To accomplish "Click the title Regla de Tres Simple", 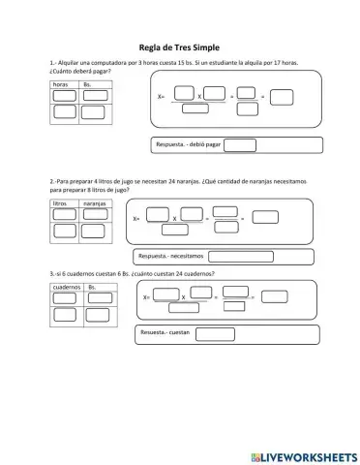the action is (179, 47).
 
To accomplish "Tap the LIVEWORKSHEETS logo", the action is (304, 457).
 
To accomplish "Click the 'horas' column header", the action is (60, 84).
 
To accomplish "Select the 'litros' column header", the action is (60, 203).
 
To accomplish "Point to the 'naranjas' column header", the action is (95, 203).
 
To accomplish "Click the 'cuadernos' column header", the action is (67, 287).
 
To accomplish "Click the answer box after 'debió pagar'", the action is (240, 145).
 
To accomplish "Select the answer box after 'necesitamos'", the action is (241, 257).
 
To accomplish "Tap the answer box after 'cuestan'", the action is (215, 334).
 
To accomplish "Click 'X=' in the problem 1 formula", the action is (161, 96).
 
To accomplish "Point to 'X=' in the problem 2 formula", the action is (136, 219).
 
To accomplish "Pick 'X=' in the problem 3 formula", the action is (146, 297).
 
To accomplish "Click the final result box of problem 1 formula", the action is (282, 98).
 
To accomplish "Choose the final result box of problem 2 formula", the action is (265, 217).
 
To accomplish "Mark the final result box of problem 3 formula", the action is (275, 296).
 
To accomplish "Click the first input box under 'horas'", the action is (65, 96).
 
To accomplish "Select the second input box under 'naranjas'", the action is (93, 232).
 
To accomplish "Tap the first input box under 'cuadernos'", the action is (65, 298).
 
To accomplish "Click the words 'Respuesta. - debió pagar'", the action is (189, 144).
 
